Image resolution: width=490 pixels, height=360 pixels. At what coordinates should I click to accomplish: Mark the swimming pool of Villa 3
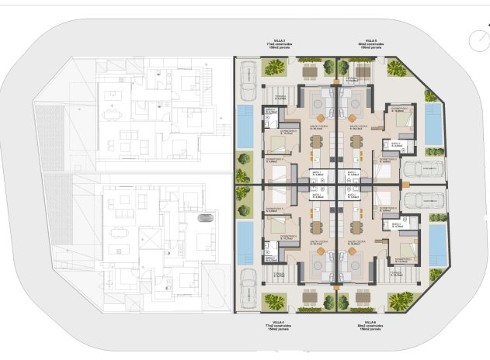[245, 126]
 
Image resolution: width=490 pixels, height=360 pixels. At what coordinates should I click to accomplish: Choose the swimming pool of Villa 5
[434, 126]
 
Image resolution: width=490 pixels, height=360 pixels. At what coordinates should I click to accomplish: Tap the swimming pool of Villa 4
[245, 241]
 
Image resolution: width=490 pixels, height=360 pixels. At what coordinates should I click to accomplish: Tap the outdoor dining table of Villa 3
[310, 71]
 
